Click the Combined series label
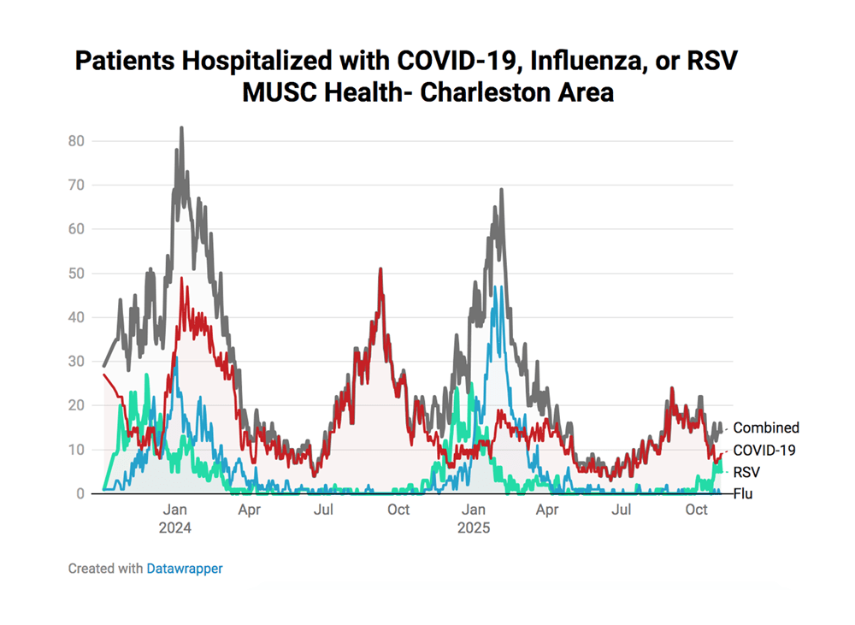[x=766, y=427]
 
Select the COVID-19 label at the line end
[x=764, y=450]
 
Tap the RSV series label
[x=746, y=471]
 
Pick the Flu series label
[x=741, y=493]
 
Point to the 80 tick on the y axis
[x=77, y=140]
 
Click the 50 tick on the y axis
[x=77, y=274]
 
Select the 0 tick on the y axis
[x=80, y=493]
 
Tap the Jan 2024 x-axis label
[x=175, y=518]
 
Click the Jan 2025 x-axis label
[x=473, y=518]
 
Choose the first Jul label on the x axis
[x=323, y=510]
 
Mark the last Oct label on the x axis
[x=697, y=510]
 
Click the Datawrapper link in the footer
[x=184, y=568]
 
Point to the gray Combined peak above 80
[x=181, y=128]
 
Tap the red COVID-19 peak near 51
[x=380, y=269]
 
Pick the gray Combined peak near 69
[x=501, y=190]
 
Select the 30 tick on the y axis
[x=77, y=362]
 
